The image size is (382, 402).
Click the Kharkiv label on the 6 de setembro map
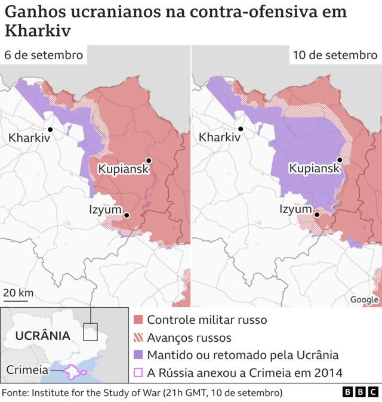(27, 138)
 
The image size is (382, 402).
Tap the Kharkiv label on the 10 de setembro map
(219, 138)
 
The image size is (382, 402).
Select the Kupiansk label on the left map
(123, 169)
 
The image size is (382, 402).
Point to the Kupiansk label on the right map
(314, 169)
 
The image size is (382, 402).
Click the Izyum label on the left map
(106, 209)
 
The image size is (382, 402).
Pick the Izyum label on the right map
(297, 209)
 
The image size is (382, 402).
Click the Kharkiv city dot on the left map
(51, 129)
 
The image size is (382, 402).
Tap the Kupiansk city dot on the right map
(340, 160)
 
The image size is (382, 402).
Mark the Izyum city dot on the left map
(127, 215)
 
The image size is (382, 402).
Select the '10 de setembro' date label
(335, 55)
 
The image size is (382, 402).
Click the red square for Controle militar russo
(138, 320)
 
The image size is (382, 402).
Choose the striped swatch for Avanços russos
(138, 338)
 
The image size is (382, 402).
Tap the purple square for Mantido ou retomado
(138, 355)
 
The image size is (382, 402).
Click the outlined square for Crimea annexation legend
(138, 373)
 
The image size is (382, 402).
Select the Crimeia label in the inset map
(27, 370)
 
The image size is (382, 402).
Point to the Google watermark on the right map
(364, 299)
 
